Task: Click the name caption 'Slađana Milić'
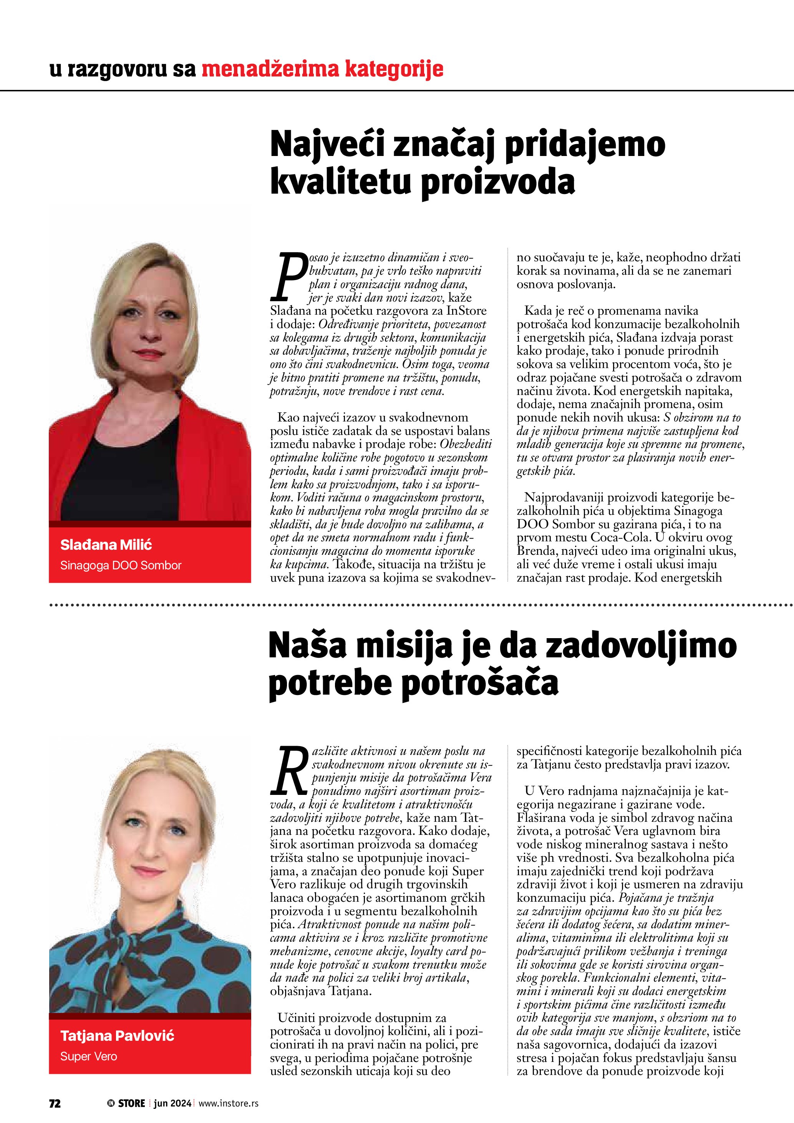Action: [106, 544]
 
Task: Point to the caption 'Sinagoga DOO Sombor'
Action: [120, 566]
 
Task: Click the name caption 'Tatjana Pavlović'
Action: [117, 1035]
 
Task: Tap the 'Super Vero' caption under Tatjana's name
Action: [88, 1057]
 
